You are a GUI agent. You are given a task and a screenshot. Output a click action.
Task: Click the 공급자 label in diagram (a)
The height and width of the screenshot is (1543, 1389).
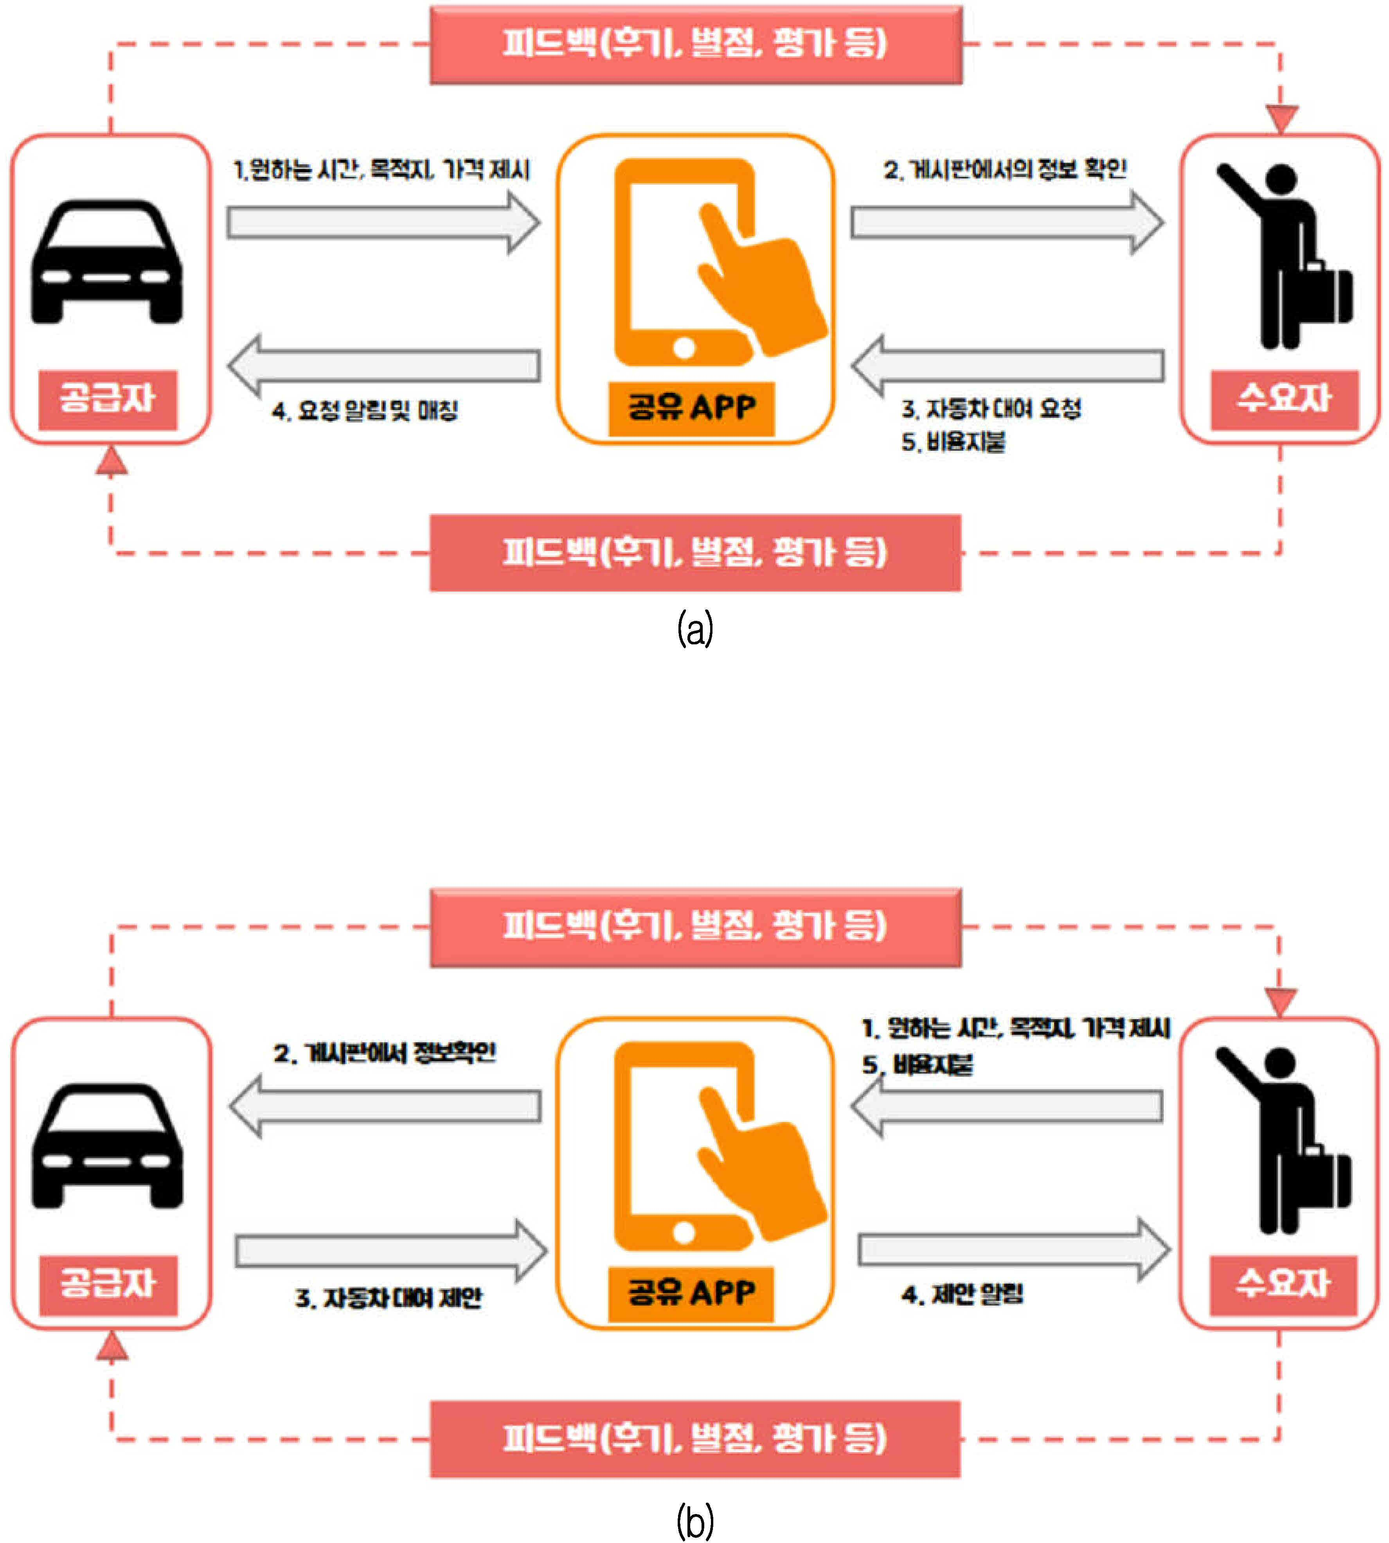click(108, 400)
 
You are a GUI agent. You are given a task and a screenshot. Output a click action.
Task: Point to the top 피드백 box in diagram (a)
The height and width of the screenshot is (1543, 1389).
click(696, 44)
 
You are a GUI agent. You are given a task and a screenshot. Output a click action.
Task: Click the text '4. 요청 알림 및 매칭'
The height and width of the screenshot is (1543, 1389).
click(365, 411)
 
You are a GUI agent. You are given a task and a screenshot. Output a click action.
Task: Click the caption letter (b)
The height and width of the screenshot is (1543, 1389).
click(695, 1521)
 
